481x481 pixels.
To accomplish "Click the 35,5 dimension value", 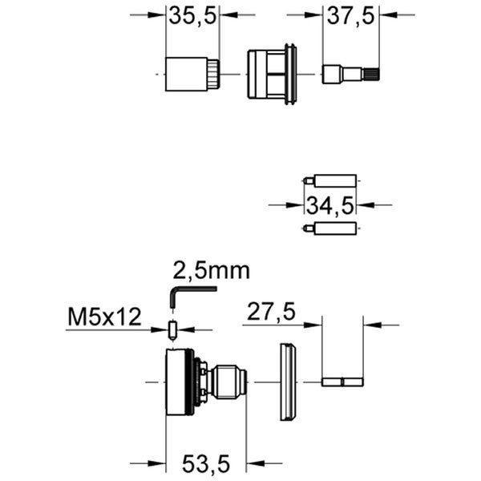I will click(193, 15).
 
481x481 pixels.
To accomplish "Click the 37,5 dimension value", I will click(352, 15).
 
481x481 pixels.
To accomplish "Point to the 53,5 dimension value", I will click(205, 463).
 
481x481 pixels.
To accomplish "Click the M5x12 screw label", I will click(104, 317).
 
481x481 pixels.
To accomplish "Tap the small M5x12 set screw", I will click(172, 329).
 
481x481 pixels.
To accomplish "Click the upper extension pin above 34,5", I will click(331, 180).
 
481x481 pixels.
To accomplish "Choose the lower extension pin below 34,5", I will click(331, 229).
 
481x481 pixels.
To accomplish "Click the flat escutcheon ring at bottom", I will click(287, 382).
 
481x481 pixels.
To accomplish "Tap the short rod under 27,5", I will click(342, 382).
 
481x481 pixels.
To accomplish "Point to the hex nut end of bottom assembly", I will click(232, 382).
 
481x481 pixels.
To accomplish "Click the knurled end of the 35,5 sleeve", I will click(213, 74).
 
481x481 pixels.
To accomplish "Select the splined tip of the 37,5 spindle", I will click(372, 75).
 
